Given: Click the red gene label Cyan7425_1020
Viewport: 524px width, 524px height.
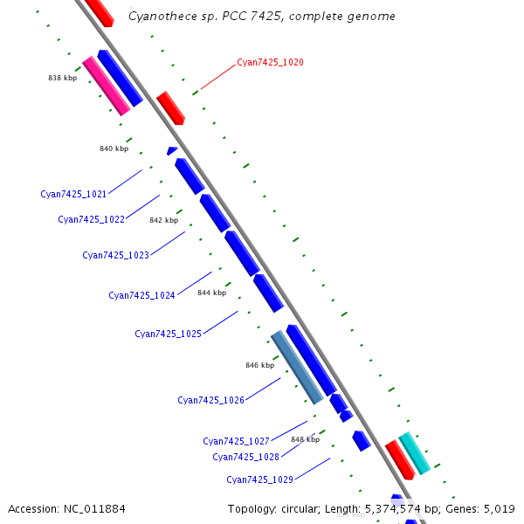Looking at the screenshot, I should [x=270, y=63].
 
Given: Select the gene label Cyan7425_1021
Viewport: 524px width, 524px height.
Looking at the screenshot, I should [x=73, y=194].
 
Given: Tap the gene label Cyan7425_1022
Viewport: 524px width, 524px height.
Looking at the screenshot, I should [x=91, y=219].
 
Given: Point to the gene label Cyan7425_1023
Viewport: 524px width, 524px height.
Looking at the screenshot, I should [x=115, y=255].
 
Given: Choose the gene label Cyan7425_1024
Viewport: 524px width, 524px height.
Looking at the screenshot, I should [x=141, y=295].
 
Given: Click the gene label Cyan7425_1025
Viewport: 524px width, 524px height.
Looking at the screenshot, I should [x=168, y=334].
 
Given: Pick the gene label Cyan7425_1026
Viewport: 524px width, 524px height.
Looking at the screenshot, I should [x=210, y=400].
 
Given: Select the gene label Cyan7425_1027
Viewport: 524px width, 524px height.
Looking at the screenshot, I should [x=236, y=441].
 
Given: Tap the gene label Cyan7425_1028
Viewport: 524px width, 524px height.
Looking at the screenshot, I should [x=245, y=457].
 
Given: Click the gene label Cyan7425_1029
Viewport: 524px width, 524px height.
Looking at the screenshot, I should [x=259, y=479].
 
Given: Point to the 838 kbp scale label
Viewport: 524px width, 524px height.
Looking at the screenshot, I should [x=62, y=78].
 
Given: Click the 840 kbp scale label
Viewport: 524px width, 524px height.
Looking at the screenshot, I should [x=114, y=148].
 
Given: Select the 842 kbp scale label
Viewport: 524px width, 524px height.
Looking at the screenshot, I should [x=163, y=220].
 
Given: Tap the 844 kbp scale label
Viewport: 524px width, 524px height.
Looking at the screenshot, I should [x=211, y=293].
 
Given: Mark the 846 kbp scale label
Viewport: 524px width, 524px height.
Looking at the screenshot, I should [x=259, y=365].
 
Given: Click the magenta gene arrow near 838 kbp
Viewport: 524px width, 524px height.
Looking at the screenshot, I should [x=107, y=86].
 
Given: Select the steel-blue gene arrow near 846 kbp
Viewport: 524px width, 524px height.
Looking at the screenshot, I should [x=297, y=367].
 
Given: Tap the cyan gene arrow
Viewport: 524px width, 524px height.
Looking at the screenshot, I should [x=414, y=453].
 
